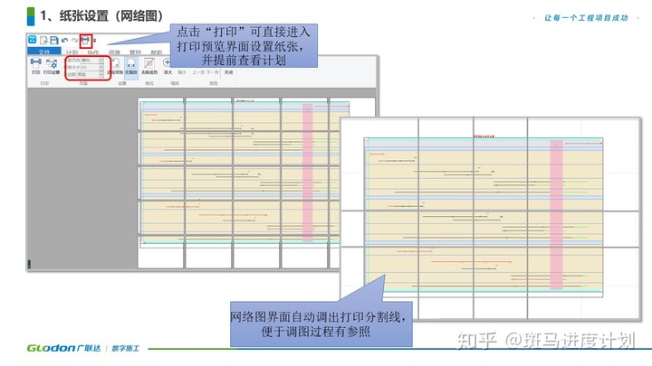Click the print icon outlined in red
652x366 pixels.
[x=86, y=41]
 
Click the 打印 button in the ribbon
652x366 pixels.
[x=36, y=67]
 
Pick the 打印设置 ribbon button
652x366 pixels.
[x=53, y=67]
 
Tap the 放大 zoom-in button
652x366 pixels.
[x=168, y=67]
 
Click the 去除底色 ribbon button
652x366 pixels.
[x=149, y=67]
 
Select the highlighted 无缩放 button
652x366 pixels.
[x=130, y=67]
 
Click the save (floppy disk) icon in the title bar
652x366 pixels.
[x=53, y=41]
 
